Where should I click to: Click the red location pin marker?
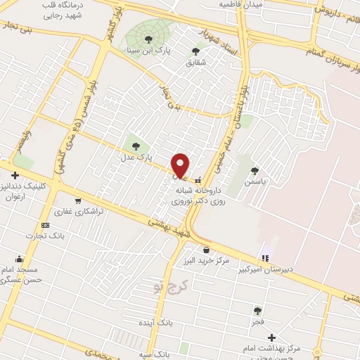181,165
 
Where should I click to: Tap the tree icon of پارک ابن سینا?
148,39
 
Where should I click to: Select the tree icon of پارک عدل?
136,146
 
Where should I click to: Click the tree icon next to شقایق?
195,51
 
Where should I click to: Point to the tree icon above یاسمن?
255,170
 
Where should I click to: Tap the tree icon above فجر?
258,310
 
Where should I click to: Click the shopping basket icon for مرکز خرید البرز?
206,250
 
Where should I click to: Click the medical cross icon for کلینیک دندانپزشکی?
15,174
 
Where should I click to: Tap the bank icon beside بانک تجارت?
45,225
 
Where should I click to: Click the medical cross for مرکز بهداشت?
271,337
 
